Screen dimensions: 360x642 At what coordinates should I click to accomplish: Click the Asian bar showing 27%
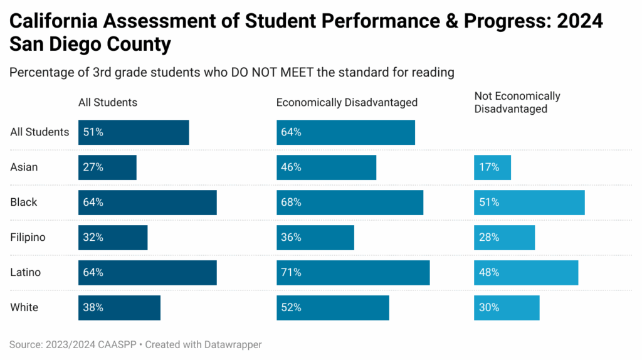(x=107, y=167)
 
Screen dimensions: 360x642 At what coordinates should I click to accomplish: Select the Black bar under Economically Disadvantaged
(x=350, y=203)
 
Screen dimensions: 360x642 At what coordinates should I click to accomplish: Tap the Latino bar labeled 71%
(x=353, y=273)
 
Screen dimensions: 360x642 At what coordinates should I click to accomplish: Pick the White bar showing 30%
(x=507, y=308)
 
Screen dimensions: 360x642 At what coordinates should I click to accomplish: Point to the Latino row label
(x=26, y=273)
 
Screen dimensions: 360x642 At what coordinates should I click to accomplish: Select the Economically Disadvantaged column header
(x=347, y=102)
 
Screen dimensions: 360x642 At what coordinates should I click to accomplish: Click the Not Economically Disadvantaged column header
(x=517, y=102)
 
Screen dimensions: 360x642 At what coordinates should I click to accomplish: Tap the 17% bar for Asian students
(x=492, y=167)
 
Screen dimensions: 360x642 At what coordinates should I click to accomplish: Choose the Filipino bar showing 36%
(x=315, y=238)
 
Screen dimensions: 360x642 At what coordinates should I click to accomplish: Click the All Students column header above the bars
(x=108, y=102)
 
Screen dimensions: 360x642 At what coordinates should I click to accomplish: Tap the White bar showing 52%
(x=333, y=308)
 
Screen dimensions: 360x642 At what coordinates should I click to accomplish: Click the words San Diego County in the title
(x=90, y=45)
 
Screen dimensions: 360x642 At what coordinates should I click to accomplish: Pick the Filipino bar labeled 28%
(x=504, y=238)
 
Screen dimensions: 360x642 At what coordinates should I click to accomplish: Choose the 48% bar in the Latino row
(x=526, y=273)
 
